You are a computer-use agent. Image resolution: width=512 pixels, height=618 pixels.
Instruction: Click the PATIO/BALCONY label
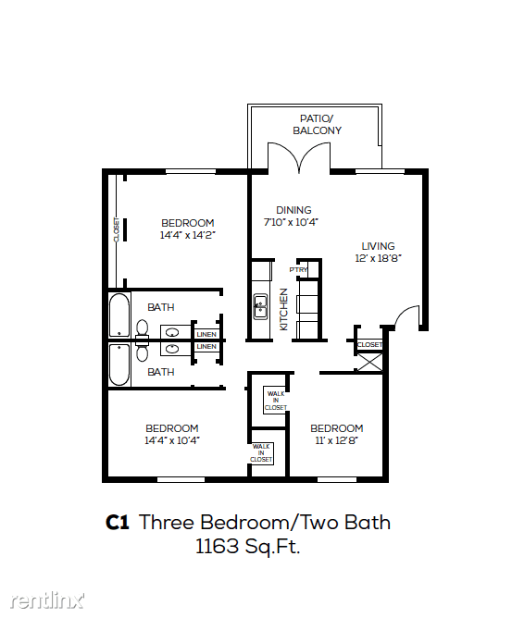click(x=317, y=125)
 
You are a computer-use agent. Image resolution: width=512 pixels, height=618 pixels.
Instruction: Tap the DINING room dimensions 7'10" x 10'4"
click(x=291, y=222)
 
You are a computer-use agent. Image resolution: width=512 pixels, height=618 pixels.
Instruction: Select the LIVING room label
click(x=378, y=246)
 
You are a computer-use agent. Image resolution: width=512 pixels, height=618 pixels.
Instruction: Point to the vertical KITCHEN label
click(x=283, y=309)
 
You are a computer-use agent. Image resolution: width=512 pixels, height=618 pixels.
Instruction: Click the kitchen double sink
click(x=260, y=306)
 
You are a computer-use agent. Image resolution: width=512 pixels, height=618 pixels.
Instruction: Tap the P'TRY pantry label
click(x=298, y=269)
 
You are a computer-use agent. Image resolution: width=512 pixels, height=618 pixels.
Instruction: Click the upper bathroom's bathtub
click(x=119, y=315)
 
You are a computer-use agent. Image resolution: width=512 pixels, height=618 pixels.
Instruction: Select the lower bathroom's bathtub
click(x=119, y=365)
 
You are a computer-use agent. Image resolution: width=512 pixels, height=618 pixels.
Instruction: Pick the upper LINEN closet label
click(x=206, y=334)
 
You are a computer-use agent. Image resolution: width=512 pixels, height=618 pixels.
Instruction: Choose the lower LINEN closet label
click(x=206, y=346)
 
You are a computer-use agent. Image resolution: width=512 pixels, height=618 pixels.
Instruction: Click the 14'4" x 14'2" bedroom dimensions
click(x=187, y=235)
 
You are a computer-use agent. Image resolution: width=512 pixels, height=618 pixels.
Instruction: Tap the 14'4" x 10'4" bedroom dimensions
click(x=172, y=440)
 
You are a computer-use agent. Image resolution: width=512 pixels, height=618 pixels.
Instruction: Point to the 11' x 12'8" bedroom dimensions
click(x=336, y=440)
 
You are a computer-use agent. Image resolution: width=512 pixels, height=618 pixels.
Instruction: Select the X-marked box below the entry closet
click(x=369, y=363)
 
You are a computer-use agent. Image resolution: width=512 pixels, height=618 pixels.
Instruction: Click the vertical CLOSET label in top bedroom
click(x=117, y=229)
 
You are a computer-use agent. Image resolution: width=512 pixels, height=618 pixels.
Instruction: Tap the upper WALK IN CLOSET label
click(x=275, y=401)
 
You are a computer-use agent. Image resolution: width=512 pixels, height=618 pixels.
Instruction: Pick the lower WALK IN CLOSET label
click(x=261, y=452)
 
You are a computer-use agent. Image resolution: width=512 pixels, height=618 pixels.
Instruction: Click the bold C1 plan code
click(x=118, y=523)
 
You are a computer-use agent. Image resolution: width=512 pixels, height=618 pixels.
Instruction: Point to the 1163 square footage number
click(x=218, y=547)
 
